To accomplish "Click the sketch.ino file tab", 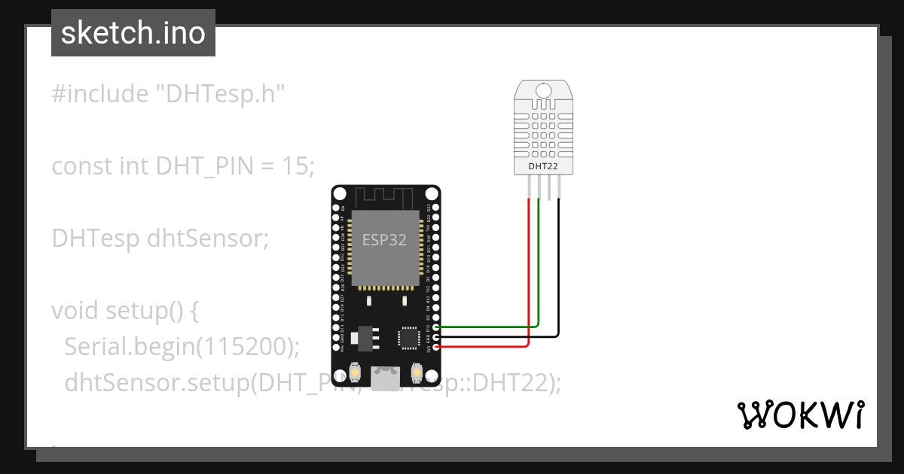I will (x=133, y=33).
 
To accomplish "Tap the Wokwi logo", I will (x=801, y=415).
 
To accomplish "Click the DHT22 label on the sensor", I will (x=544, y=165).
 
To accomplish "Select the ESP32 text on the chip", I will (x=384, y=240).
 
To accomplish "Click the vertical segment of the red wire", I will (x=529, y=271).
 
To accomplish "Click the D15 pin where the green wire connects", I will (x=437, y=327).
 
